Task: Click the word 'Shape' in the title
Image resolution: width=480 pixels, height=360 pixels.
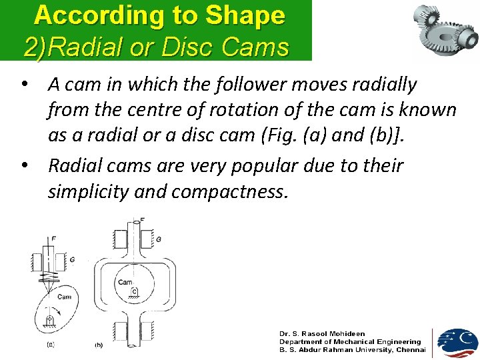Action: coord(246,15)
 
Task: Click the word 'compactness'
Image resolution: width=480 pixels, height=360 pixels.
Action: coord(231,192)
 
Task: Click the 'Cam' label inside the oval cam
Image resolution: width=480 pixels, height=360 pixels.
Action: coord(64,297)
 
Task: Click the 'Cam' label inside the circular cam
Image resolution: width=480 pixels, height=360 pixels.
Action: coord(125,282)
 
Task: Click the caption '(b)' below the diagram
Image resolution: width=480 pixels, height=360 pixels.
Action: coord(98,345)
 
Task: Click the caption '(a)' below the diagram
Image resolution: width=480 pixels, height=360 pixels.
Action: coord(50,345)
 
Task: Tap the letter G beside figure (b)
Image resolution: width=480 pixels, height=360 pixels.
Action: coord(159,239)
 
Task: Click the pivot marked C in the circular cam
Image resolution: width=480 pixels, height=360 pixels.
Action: coord(134,291)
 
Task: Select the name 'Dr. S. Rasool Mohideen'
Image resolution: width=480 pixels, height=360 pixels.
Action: coord(322,333)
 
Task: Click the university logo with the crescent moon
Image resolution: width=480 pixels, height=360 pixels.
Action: coord(457,343)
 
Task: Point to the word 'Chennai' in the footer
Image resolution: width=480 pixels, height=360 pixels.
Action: coord(411,349)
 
